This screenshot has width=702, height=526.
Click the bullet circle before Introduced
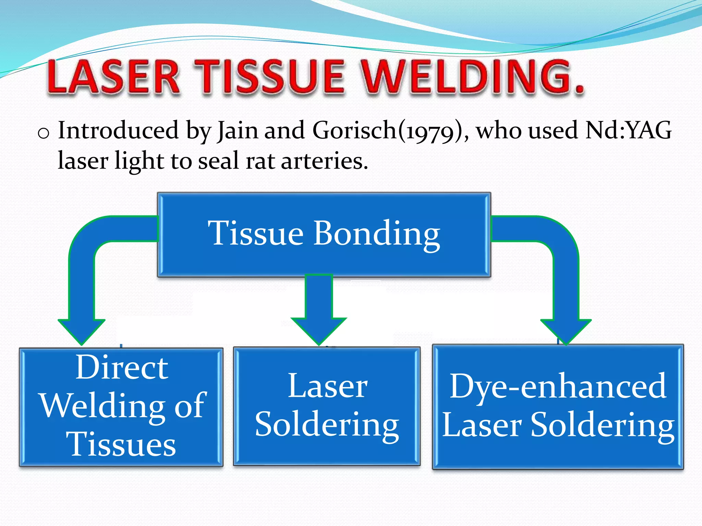click(44, 133)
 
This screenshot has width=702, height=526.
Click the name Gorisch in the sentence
click(355, 131)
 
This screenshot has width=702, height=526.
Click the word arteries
click(324, 161)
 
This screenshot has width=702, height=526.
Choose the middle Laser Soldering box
click(327, 406)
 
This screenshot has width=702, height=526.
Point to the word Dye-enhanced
click(558, 386)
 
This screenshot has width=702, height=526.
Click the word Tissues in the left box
click(123, 444)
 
